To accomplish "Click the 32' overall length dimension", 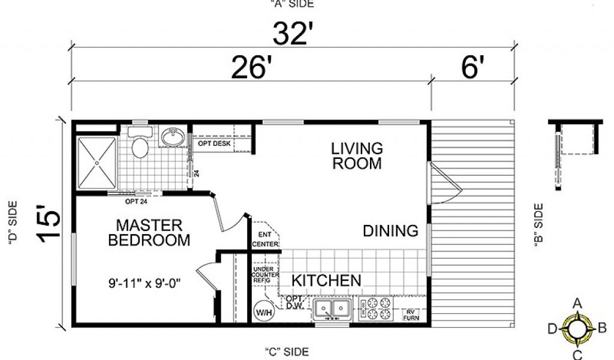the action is click(293, 34).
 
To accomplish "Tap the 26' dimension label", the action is click(251, 67).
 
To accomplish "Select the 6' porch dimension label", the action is click(472, 67).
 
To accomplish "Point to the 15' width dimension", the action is click(49, 223).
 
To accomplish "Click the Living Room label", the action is click(357, 156).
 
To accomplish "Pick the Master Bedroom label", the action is click(149, 233).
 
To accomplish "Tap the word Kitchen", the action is click(326, 280).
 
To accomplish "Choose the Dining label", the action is click(390, 231).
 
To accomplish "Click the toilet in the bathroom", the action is click(140, 142).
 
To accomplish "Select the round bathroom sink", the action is click(173, 137).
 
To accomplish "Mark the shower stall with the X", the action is click(97, 163).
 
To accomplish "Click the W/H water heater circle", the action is click(264, 312).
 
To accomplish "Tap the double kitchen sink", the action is click(332, 308).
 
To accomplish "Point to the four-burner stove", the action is click(376, 309).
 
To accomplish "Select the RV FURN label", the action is click(411, 315).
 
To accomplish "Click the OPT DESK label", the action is click(214, 144).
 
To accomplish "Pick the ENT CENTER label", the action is click(265, 239).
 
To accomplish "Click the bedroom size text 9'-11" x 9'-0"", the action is click(144, 283).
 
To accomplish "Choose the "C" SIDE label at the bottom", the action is click(287, 352).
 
